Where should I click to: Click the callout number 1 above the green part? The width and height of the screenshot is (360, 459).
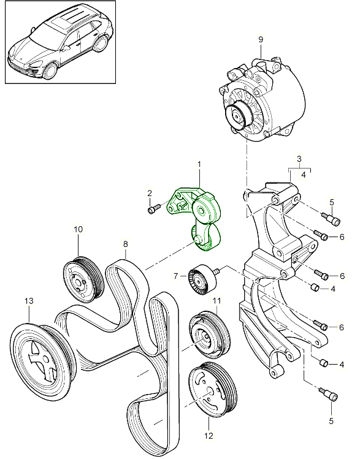point(199,165)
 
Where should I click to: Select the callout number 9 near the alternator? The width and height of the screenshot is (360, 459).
point(260,40)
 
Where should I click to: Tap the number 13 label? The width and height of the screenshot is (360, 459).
point(28,301)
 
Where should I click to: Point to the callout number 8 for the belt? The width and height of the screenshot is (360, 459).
point(125,244)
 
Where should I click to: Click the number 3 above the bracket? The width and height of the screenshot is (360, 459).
point(300,159)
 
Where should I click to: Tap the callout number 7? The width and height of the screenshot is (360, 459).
point(175,276)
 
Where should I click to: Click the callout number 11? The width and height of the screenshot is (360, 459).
point(216,301)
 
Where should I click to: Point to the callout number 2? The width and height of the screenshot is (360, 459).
point(149,194)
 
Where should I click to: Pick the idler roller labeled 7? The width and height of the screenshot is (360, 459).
point(201,281)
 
